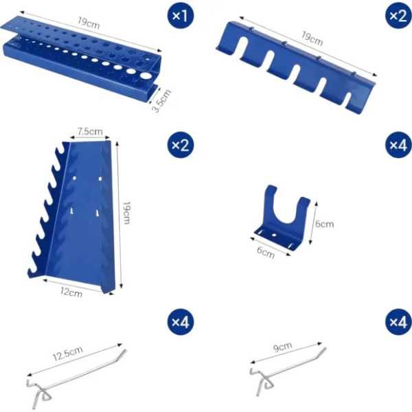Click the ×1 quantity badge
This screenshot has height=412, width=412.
coord(181,15)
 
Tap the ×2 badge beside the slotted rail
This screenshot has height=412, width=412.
coord(398,15)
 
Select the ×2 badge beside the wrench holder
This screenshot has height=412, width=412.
coord(181,144)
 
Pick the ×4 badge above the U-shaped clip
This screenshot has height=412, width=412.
coord(398,144)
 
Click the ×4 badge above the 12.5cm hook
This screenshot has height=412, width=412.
coord(181,321)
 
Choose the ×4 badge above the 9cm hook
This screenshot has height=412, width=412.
coord(398,321)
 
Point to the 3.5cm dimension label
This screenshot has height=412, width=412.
coord(162,101)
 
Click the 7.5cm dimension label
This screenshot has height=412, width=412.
coord(90,131)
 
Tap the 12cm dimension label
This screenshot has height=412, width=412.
coord(71,293)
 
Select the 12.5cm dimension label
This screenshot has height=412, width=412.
coord(68,354)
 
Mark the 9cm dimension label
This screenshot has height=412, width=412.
coord(282,347)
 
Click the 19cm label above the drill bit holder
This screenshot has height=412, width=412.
coord(89,23)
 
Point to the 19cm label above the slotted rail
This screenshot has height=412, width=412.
coord(312,38)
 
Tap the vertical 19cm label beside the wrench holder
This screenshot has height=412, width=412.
coord(126,213)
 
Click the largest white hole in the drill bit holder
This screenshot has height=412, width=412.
coord(146,76)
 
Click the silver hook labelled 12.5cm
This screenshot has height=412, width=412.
coord(76,378)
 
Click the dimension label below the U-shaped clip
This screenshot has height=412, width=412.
coord(266,252)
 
